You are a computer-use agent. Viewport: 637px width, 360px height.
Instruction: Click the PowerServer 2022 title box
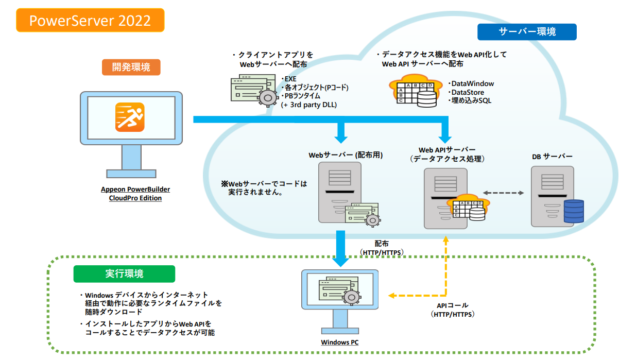91,21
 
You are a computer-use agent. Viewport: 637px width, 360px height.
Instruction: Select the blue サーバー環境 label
527,32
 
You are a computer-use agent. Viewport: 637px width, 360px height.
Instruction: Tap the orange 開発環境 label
131,67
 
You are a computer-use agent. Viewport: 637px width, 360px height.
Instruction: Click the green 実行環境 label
125,274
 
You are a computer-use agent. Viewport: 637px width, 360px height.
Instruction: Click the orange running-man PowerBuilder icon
130,117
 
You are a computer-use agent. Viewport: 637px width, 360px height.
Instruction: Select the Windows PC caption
340,342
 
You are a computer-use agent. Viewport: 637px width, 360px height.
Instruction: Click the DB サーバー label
552,156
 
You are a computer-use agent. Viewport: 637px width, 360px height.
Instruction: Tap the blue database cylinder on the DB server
574,211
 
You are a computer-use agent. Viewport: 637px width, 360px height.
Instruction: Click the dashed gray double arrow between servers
503,193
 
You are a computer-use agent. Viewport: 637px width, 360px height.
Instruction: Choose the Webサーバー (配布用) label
346,155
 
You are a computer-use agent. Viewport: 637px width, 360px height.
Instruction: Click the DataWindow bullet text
471,83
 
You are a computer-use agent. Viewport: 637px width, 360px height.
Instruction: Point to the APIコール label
452,305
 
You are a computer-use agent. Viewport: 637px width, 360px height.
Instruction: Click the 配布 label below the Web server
382,243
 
